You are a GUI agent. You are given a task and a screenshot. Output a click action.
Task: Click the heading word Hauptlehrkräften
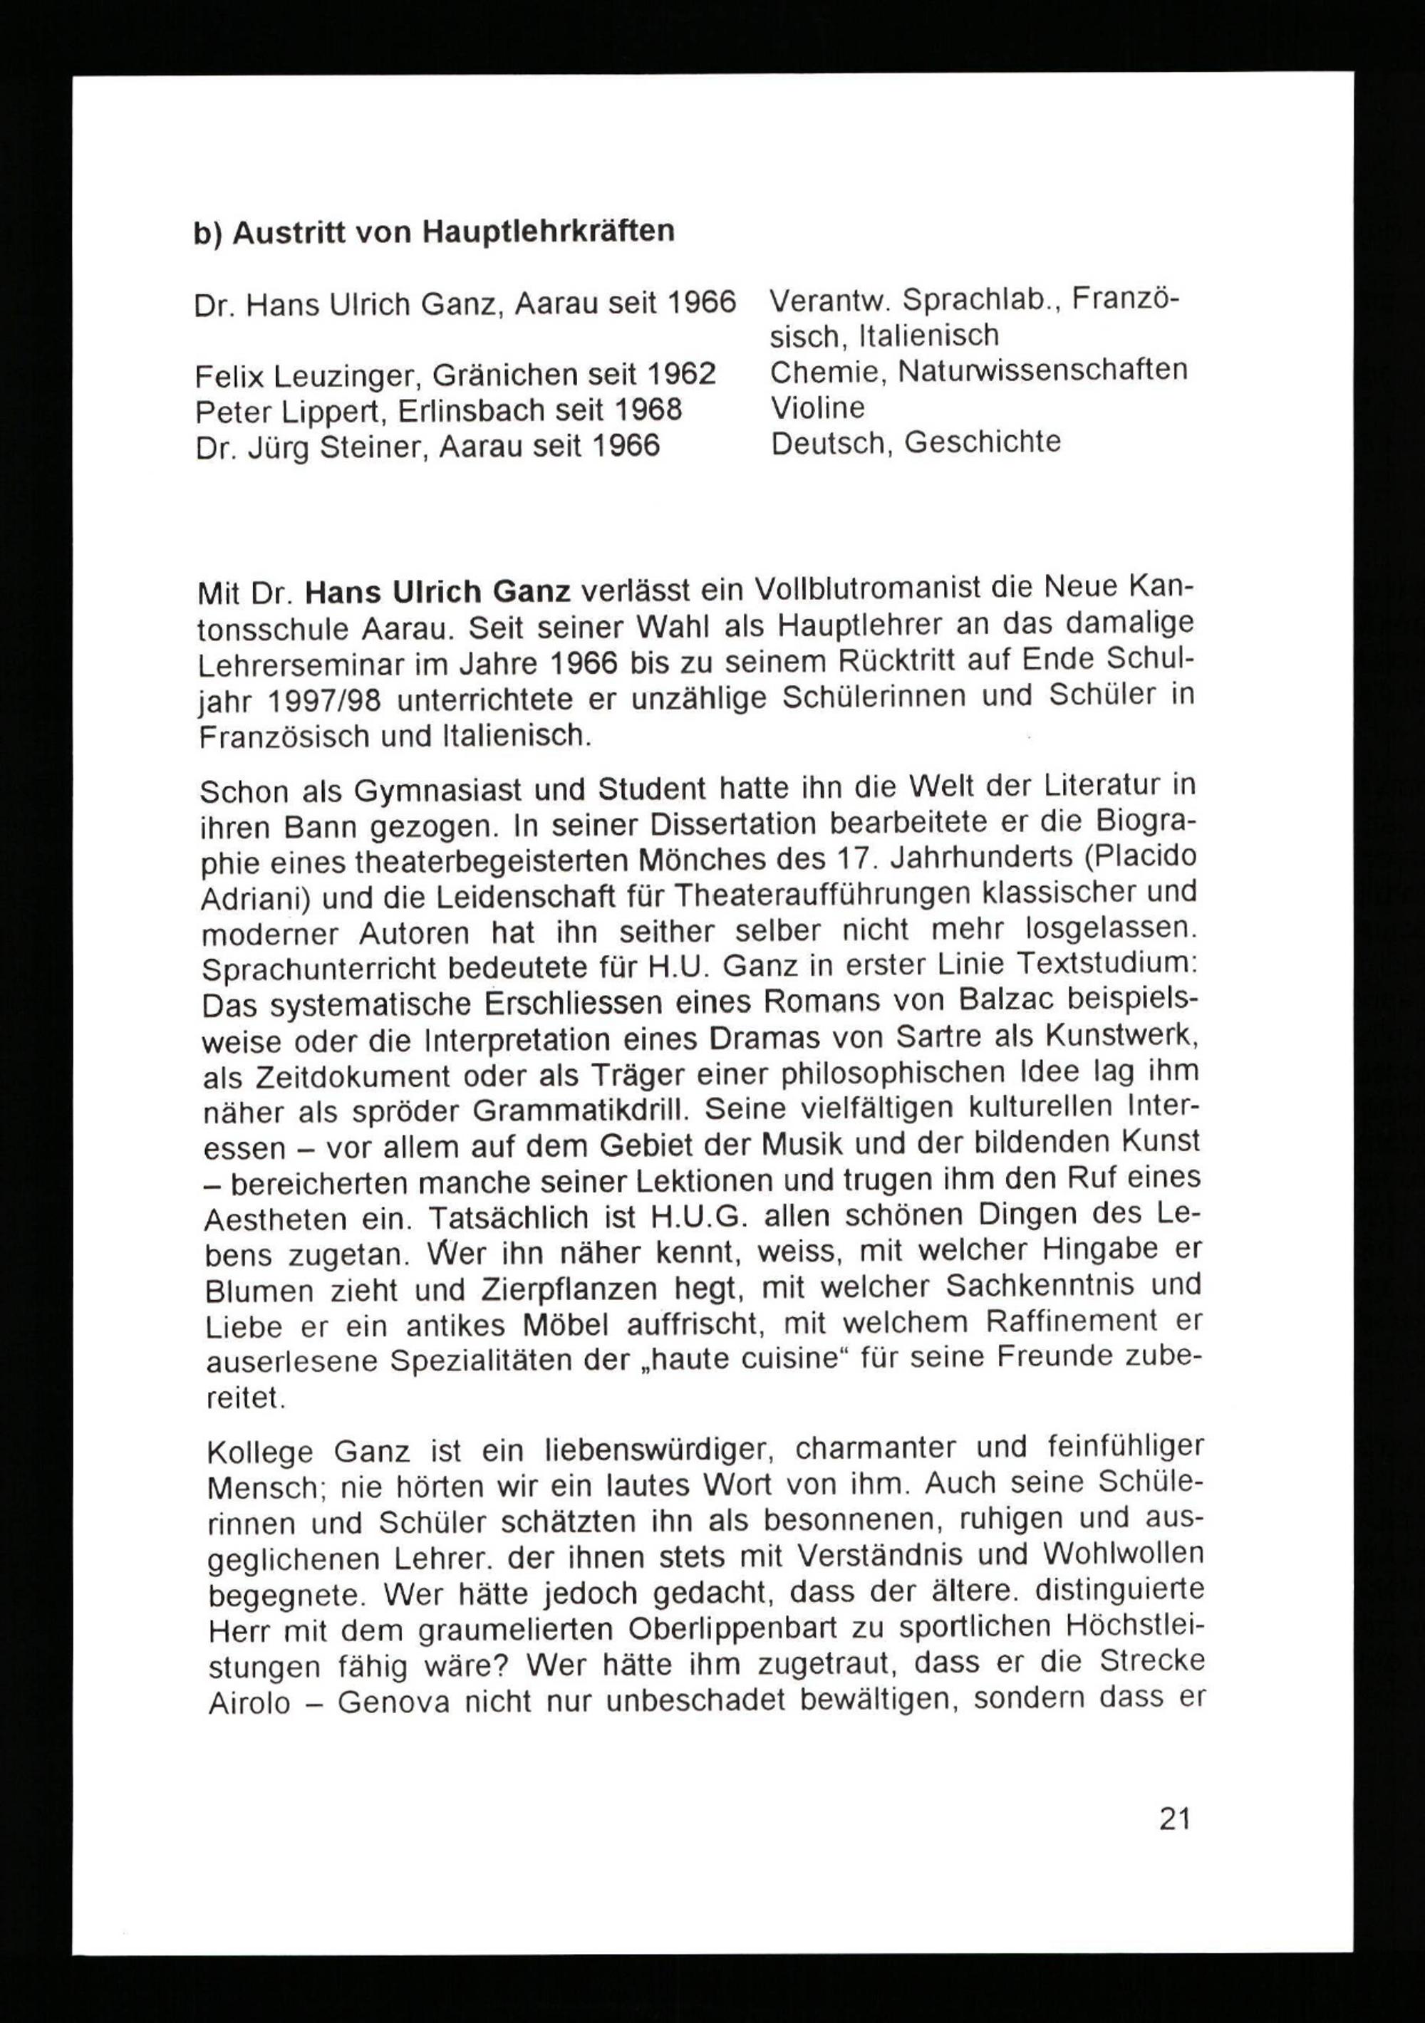coord(549,232)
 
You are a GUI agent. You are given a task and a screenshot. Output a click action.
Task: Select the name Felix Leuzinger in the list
coord(299,376)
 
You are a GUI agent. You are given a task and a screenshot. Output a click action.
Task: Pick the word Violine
coord(818,407)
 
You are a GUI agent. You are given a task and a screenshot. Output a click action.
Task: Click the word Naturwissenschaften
coord(1042,370)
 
